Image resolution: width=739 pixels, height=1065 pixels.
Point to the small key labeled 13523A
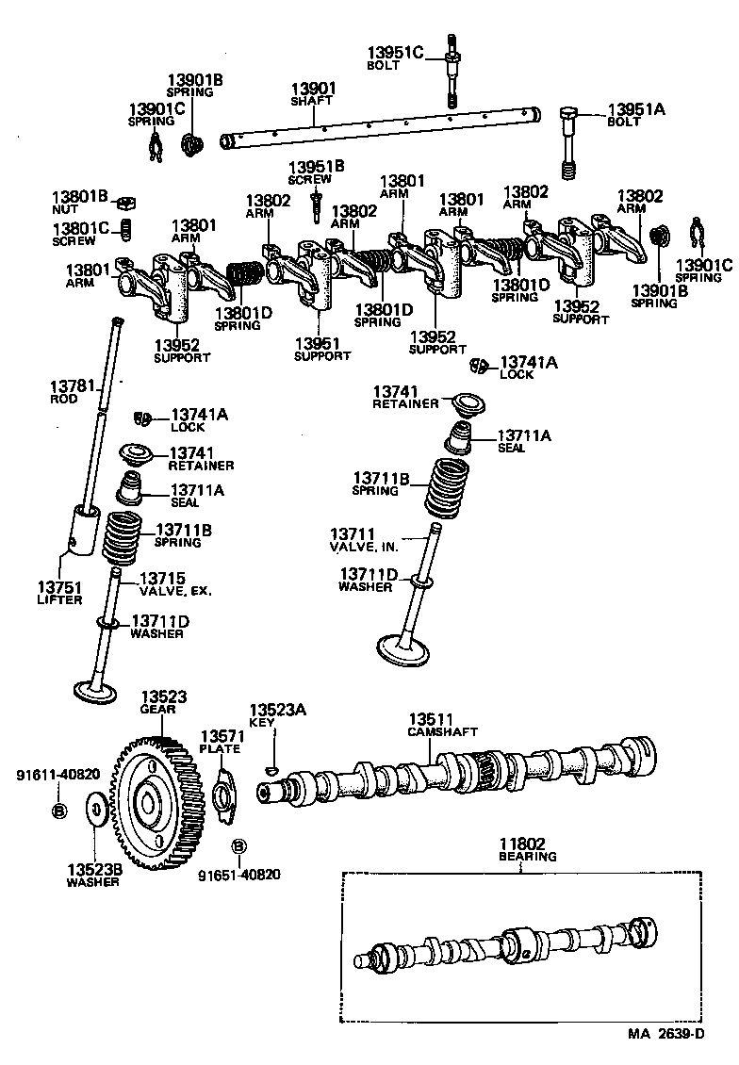272,769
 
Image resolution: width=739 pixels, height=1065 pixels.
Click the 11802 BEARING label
526,849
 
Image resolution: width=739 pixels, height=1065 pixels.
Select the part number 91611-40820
57,775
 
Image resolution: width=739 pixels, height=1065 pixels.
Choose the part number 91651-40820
238,874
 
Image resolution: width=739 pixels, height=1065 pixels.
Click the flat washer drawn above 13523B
95,809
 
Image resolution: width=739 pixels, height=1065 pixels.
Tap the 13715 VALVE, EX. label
175,583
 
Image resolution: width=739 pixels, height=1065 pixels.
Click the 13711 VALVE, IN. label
364,540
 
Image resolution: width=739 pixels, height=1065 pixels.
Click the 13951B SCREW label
316,172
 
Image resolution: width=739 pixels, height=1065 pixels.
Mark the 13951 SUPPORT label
321,349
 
